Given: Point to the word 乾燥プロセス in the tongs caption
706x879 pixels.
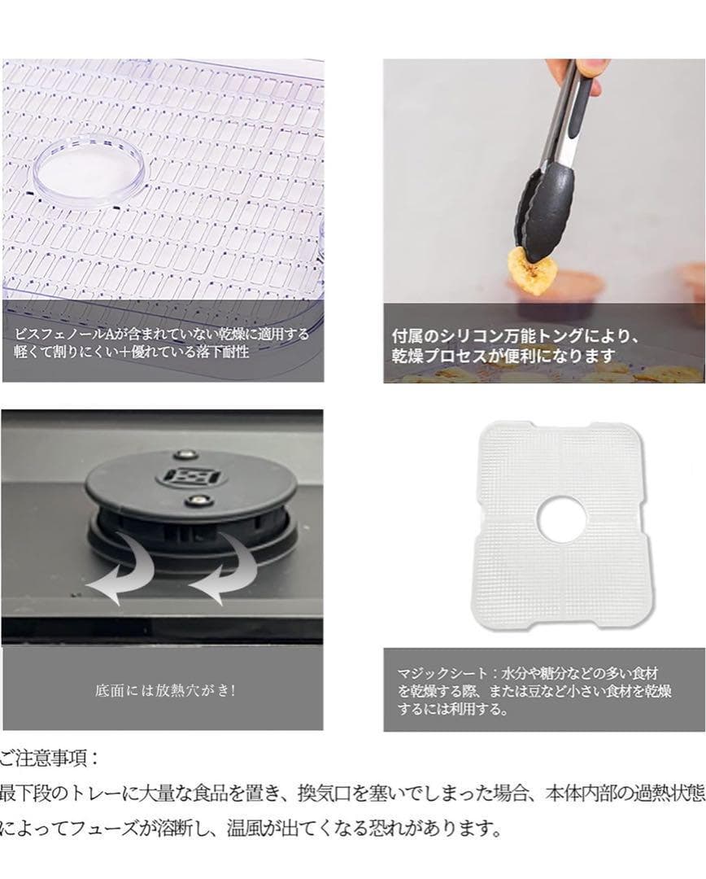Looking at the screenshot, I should [x=440, y=356].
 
